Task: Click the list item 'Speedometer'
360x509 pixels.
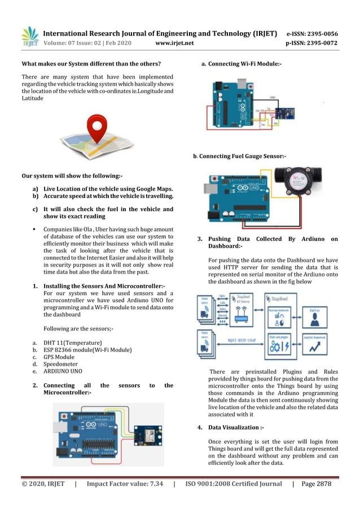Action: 61,365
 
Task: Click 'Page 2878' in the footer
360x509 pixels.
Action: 316,484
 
